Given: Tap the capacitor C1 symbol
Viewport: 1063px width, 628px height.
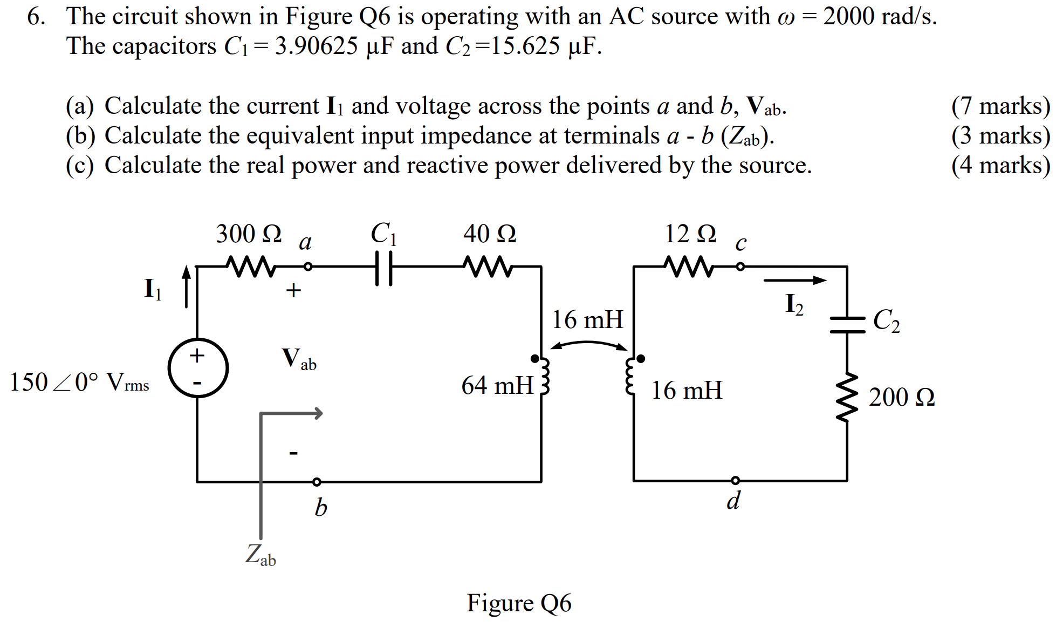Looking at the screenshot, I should [x=383, y=267].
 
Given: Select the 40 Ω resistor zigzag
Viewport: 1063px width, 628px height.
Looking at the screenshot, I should [x=488, y=267].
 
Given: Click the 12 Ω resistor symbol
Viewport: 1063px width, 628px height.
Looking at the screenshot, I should [x=689, y=267].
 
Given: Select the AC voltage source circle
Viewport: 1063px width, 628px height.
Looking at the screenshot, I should [x=197, y=368].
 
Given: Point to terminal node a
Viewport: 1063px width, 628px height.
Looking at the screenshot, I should [x=307, y=267].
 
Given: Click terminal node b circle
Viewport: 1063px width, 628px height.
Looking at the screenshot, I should [x=317, y=482].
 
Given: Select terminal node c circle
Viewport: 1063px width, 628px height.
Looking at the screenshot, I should [x=740, y=267].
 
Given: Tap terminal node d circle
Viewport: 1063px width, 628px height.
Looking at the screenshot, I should [x=735, y=480].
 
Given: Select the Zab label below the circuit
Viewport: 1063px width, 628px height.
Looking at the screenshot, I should [x=260, y=555].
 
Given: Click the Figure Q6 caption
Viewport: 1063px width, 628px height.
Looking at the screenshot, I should [x=519, y=603].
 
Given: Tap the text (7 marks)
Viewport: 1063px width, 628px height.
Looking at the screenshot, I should [x=1000, y=106].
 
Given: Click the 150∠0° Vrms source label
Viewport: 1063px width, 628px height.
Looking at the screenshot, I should [x=79, y=383].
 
